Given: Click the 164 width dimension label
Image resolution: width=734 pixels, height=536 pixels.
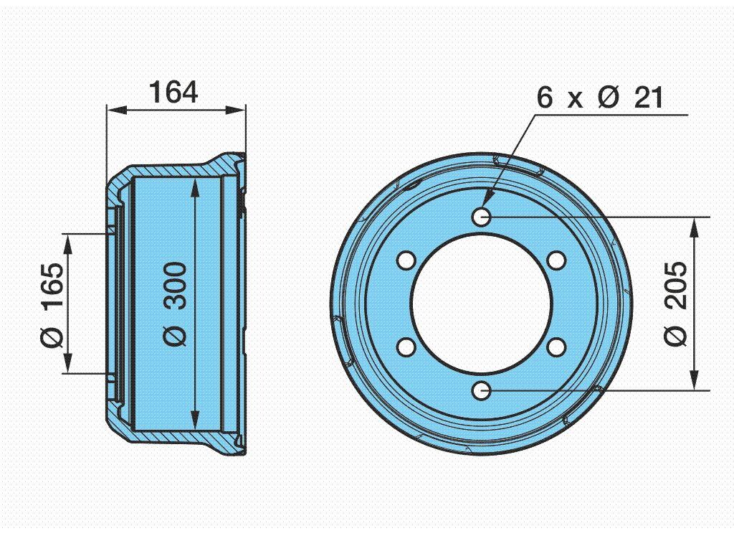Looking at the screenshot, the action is pos(173,93).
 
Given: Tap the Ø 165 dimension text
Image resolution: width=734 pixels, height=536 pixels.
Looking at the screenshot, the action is pos(52,306).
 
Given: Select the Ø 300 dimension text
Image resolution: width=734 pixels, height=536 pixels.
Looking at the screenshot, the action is pos(176,304).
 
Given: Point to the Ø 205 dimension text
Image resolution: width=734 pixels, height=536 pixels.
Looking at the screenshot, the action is pos(676,304).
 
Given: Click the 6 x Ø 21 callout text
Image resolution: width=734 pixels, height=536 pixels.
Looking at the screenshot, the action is pos(600,98).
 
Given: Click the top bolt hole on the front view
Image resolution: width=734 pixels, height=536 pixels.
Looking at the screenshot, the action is pos(481,217).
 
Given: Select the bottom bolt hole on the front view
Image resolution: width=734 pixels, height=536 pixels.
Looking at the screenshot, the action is pos(481,391).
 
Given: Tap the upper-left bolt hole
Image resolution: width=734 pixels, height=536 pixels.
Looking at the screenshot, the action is pos(406,260).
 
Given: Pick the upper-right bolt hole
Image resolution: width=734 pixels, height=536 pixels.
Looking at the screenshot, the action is pos(556,260).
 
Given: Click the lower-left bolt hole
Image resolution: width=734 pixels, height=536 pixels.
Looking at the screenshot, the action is pos(406,347).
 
